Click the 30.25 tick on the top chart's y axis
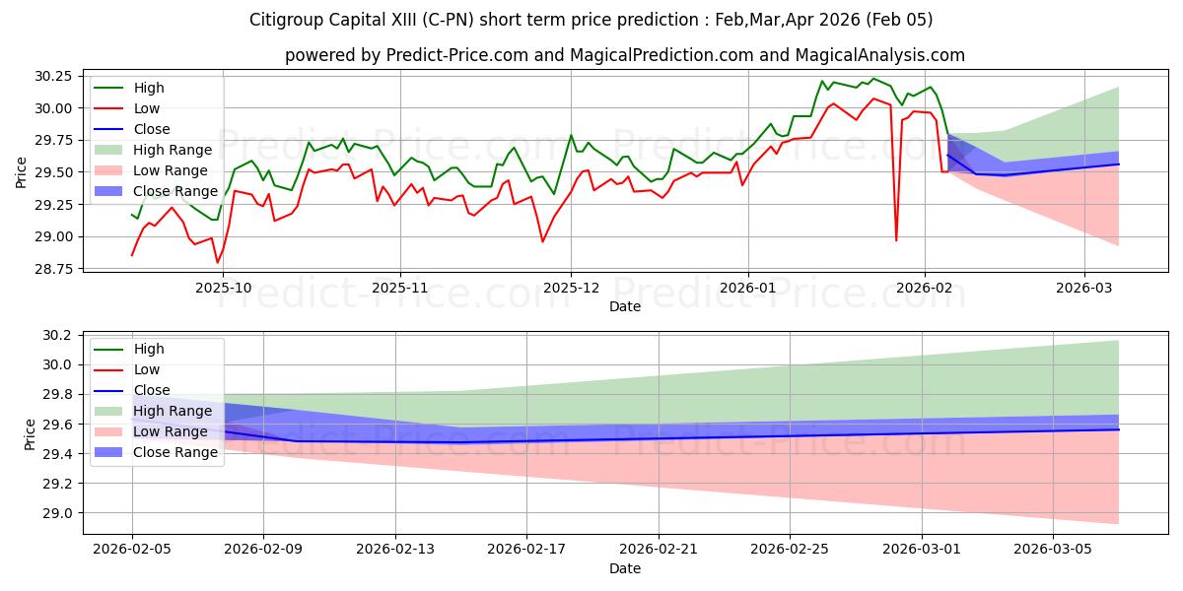52,76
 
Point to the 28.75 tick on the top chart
52,269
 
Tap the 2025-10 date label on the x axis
223,289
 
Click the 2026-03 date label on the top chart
1084,289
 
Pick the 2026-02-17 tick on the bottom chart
525,551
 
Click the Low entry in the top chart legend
147,108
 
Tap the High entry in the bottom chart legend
149,349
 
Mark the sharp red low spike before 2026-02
896,240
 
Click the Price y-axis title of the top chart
22,171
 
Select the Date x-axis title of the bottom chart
625,569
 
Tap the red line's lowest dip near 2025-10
217,262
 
